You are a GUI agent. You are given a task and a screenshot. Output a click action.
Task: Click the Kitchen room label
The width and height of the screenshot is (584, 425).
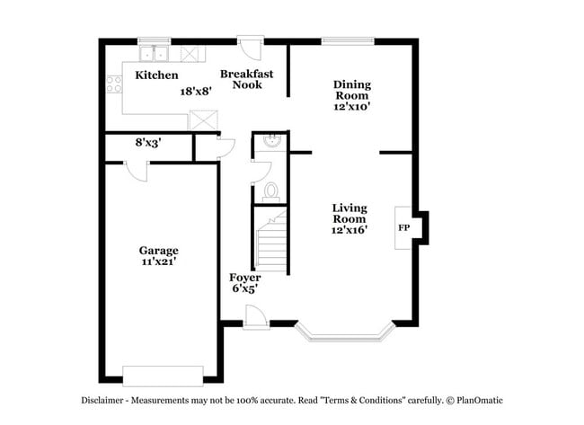[156, 75]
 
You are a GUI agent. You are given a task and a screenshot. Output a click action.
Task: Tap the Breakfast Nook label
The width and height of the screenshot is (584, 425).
[247, 79]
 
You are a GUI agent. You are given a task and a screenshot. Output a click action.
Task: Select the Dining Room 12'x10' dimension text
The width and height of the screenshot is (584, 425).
[352, 106]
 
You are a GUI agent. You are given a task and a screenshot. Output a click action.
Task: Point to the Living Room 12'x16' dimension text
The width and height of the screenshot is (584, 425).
[349, 230]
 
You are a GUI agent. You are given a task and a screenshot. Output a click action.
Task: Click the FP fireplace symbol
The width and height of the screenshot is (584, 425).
[404, 227]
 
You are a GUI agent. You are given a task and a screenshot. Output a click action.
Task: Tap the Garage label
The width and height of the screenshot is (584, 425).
[157, 250]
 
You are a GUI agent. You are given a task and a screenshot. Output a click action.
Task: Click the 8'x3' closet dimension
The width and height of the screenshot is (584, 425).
[148, 142]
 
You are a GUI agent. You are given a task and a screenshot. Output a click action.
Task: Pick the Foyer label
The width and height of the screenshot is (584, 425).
[244, 278]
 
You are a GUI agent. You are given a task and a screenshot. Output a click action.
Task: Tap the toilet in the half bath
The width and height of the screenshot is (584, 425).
[271, 190]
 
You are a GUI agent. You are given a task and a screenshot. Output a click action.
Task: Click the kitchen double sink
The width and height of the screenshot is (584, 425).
[154, 52]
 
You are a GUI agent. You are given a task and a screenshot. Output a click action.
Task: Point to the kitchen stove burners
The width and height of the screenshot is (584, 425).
[114, 84]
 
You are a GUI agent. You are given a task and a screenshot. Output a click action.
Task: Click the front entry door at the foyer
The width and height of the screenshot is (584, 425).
[254, 316]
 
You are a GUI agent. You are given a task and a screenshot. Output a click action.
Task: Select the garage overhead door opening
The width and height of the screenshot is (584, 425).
[163, 375]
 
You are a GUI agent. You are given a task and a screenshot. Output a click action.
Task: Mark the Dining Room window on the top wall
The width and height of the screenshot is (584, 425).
[348, 40]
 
